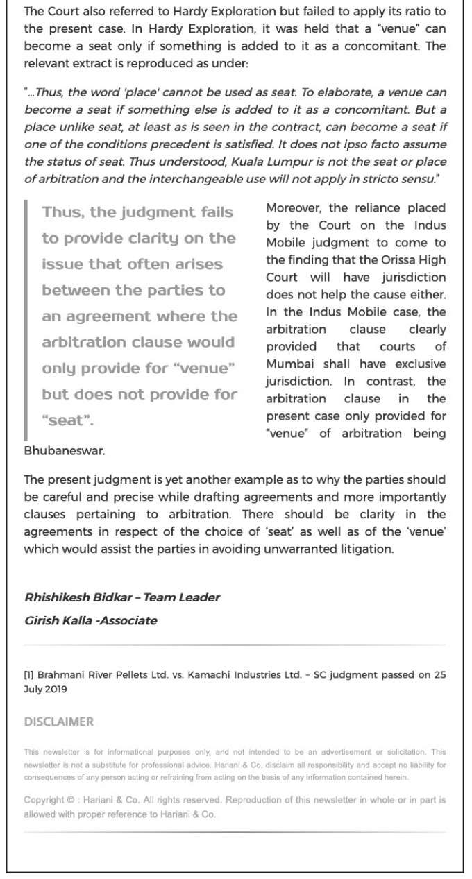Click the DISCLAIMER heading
coord(58,722)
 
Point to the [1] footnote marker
coord(28,675)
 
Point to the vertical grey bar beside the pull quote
coord(26,319)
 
